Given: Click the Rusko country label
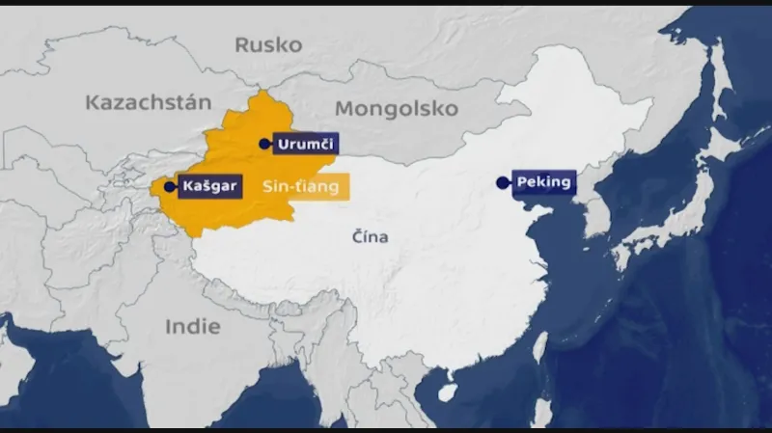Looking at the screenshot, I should click(268, 44).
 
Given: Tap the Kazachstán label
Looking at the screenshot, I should click(148, 102).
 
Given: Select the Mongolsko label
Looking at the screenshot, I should click(397, 107).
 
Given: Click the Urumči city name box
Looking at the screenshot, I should click(305, 145).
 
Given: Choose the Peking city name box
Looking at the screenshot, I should click(545, 181).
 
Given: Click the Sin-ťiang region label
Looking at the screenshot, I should click(300, 188).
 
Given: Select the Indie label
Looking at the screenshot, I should click(192, 326).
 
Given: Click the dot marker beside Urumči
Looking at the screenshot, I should click(265, 144).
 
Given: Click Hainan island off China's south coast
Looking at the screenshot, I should click(447, 393).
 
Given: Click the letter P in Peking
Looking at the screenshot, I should click(522, 181).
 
